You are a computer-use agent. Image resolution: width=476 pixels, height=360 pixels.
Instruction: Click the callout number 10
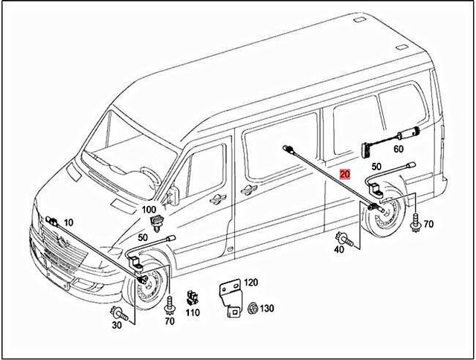coord(68,222)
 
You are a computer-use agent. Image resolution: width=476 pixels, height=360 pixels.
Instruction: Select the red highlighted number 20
coord(344,176)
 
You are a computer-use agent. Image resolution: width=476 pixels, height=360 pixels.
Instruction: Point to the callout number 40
coord(338,250)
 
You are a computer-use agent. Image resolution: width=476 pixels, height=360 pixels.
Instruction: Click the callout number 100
coord(149,210)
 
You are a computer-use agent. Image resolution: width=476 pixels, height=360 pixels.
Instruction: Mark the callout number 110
coord(193,313)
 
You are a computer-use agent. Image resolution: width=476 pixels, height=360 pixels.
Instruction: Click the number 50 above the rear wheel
coord(376,167)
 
